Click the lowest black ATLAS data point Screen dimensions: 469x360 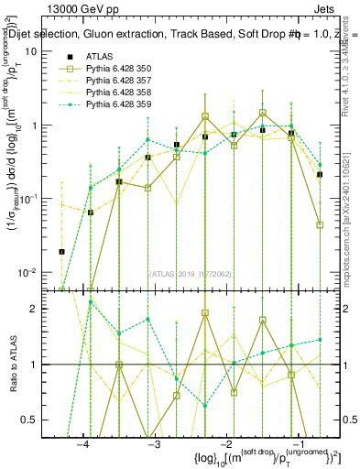point(62,251)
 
